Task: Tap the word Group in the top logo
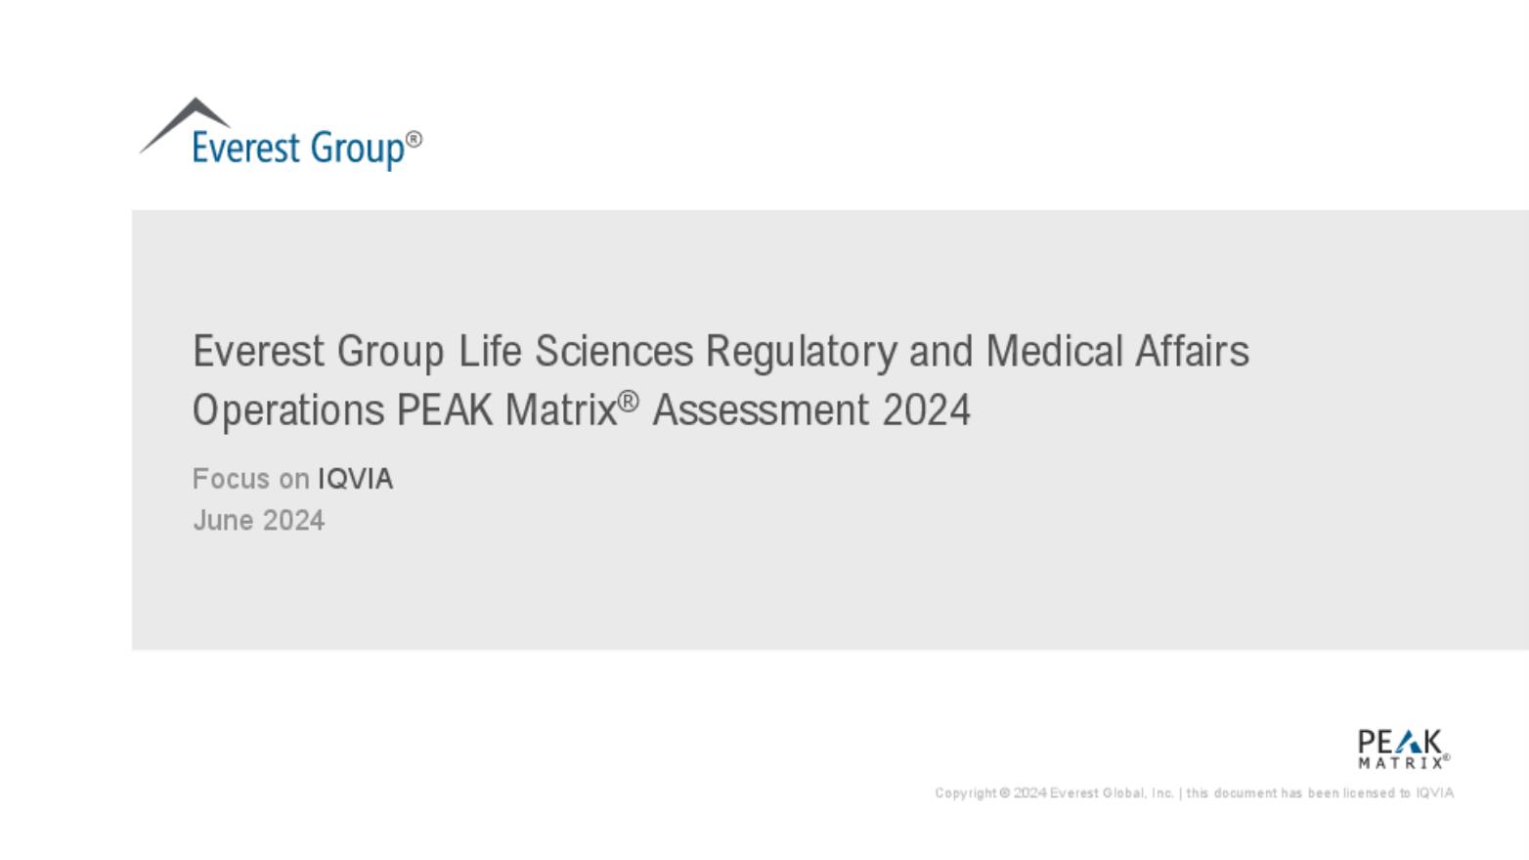(357, 149)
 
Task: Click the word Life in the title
(490, 351)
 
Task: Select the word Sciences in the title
(614, 351)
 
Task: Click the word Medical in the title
(1055, 351)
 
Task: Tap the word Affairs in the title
(1193, 351)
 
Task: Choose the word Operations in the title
(288, 411)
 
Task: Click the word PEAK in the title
(445, 409)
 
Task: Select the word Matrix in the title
(561, 409)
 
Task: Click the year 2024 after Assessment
(926, 409)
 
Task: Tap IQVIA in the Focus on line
(356, 479)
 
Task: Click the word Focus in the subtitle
(232, 479)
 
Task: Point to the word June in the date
(224, 521)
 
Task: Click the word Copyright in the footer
(966, 794)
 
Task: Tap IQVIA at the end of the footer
(1435, 794)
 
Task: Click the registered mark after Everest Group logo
(414, 140)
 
